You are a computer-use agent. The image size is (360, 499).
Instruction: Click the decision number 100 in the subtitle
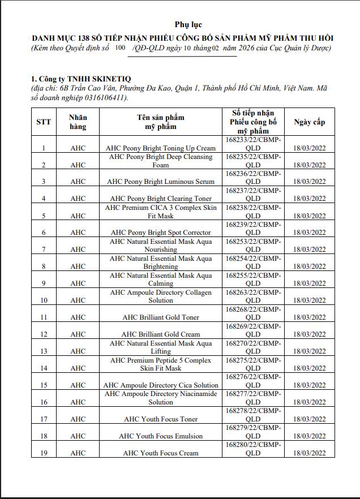119,48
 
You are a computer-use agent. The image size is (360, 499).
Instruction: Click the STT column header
44,122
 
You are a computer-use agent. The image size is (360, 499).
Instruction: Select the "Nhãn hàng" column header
78,122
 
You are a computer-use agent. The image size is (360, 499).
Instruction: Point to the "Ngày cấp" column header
309,122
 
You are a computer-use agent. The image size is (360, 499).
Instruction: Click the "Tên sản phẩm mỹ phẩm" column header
161,122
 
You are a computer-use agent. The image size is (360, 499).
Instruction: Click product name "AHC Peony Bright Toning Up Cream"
161,148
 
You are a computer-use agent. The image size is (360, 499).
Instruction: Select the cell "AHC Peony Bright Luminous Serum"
161,182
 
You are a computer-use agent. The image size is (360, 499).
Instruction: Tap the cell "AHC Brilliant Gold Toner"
161,317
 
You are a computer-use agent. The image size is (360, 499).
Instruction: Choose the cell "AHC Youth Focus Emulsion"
161,436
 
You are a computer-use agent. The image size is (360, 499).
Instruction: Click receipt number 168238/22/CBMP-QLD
253,212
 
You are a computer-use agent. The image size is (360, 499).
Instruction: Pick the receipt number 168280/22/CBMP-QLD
253,449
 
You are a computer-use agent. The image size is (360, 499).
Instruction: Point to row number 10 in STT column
44,300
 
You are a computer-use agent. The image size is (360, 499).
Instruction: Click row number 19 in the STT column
44,453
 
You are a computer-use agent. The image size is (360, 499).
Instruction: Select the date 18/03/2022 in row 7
309,250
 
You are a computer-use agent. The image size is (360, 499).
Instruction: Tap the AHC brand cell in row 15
78,385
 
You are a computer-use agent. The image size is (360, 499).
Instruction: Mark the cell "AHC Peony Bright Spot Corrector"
161,233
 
